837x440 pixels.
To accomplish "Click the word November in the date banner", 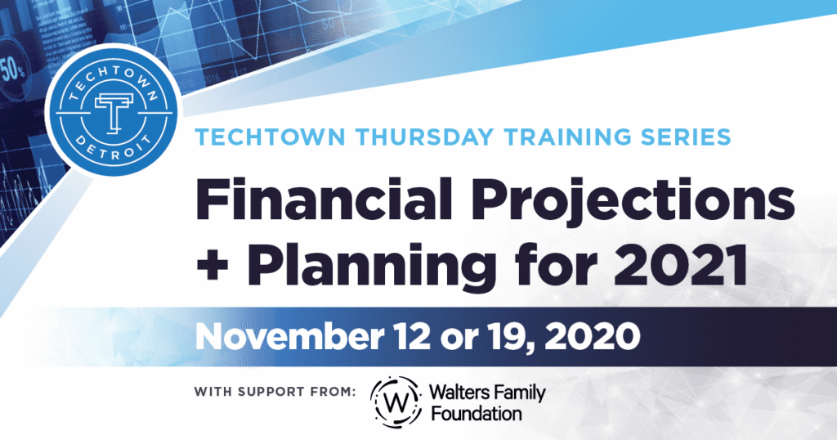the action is tap(289, 336).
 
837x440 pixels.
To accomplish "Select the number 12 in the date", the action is tap(412, 336).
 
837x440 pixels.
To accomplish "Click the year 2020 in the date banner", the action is tap(586, 337).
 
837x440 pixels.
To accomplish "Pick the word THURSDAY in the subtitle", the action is tap(424, 137).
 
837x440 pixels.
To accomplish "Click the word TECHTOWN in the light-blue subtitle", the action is tap(270, 137).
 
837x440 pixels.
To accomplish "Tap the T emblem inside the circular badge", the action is tap(113, 113).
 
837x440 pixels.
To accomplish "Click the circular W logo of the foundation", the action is tap(396, 402).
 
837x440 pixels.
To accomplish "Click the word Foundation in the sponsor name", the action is tap(477, 414).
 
